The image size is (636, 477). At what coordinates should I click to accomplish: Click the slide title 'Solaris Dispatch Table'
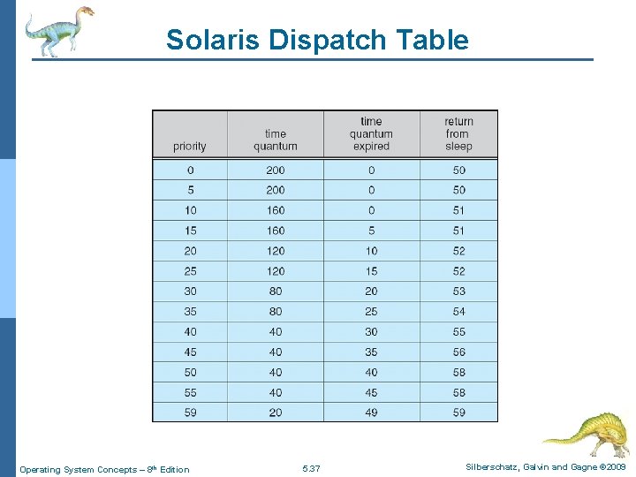317,40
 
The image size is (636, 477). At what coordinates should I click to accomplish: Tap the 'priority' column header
190,147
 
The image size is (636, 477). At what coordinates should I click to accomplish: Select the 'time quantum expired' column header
371,134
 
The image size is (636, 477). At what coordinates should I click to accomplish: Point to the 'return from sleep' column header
458,134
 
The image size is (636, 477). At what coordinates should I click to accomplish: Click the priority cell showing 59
191,413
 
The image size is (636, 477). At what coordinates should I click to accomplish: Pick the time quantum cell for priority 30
276,291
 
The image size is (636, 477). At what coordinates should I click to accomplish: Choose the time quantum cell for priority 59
276,413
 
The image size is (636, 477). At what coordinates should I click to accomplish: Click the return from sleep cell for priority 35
458,312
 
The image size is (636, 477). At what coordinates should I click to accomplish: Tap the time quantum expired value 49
371,413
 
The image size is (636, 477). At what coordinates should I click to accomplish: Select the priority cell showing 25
191,271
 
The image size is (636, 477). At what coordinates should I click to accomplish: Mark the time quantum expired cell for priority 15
371,231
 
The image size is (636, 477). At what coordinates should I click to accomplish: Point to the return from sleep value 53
458,291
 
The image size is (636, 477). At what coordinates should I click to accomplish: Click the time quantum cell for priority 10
276,210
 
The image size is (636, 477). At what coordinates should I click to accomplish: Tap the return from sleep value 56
458,352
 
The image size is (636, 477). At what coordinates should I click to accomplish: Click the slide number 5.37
311,469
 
